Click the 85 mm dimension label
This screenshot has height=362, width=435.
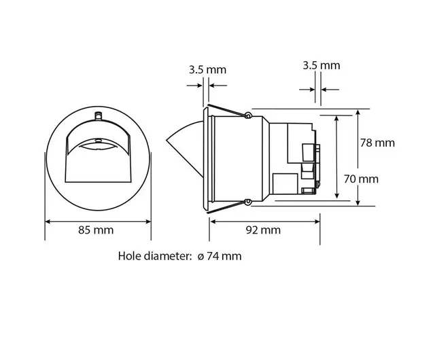pos(96,230)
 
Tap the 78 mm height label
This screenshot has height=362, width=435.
pos(377,143)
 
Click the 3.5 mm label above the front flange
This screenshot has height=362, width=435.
pos(207,70)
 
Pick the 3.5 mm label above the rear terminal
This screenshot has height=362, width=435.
pos(321,65)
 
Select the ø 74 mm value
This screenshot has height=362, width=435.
pos(220,256)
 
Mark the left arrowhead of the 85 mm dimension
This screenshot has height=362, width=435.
pos(48,221)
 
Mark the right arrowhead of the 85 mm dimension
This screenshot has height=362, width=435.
pos(149,221)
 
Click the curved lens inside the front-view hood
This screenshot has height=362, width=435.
pos(99,145)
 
